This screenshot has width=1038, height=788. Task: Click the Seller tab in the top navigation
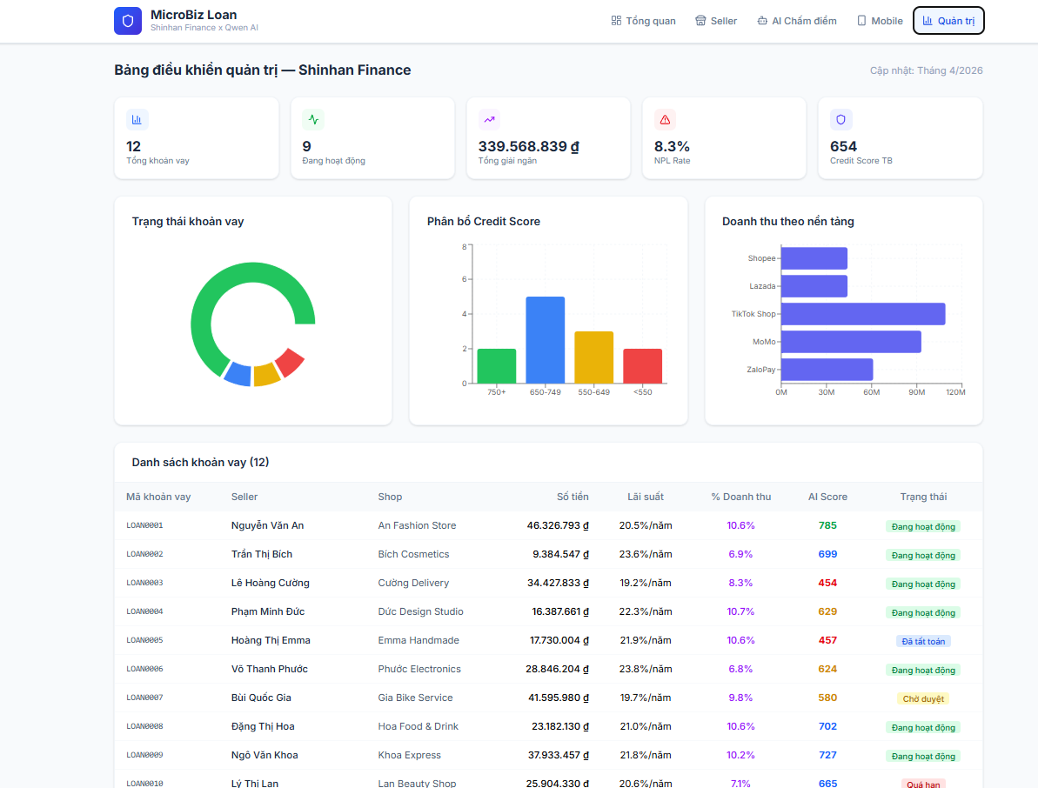click(716, 21)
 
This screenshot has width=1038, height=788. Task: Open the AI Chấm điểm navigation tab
click(797, 21)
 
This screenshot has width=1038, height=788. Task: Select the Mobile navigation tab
click(880, 21)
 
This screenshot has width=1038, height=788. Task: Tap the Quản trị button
click(948, 21)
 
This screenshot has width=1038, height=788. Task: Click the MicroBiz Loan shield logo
click(128, 21)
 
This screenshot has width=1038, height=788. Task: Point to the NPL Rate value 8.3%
click(672, 146)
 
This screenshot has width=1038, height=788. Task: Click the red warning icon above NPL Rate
click(665, 119)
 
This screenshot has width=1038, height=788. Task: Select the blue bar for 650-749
click(545, 340)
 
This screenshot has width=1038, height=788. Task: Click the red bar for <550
click(642, 366)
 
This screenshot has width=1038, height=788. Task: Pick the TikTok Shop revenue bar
click(862, 314)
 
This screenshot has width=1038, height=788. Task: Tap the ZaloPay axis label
click(760, 370)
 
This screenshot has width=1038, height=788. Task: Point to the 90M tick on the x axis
click(916, 393)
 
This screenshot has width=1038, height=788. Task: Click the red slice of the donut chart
click(290, 362)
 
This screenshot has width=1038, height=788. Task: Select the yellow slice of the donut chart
click(266, 375)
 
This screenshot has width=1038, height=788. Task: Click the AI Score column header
click(827, 497)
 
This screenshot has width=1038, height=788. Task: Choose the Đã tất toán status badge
click(923, 642)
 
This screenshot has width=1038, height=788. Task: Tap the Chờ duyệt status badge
click(923, 698)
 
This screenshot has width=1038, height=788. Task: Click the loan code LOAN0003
click(144, 583)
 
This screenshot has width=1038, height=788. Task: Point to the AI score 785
click(827, 525)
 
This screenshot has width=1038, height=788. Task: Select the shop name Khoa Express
click(409, 755)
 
